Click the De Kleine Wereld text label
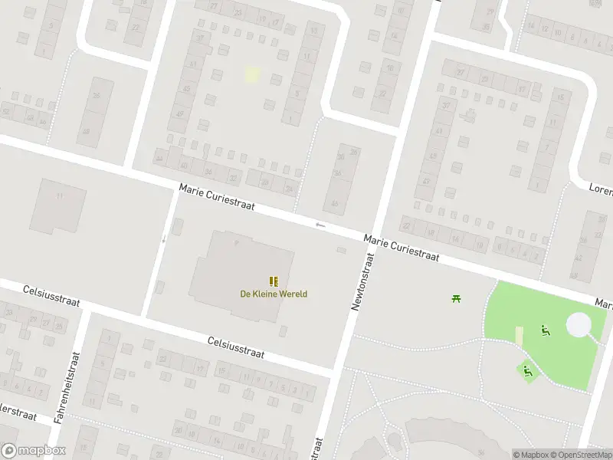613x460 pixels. pos(274,294)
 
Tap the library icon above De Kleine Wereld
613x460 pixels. pos(274,281)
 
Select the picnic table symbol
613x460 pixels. pos(457,297)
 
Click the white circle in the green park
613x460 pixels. pos(579,325)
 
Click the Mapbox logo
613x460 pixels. pos(34,451)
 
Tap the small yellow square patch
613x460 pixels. pos(252,74)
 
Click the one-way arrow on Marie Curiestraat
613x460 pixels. pos(320,225)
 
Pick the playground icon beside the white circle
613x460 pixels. pos(546,330)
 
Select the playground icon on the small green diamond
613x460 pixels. pos(527,371)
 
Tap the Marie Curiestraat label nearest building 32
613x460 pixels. pos(217,198)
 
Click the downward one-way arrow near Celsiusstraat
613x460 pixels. pos(163,238)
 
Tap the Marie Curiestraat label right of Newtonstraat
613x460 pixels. pos(402,248)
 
